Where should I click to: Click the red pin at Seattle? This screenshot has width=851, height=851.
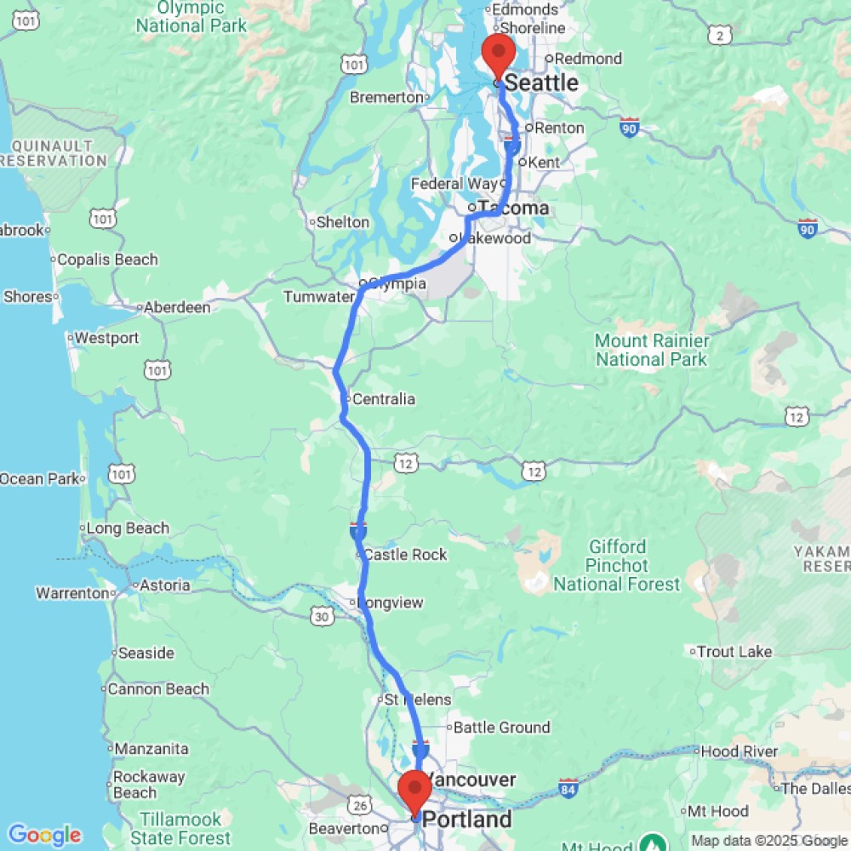497,54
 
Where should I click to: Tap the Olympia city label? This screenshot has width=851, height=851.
397,283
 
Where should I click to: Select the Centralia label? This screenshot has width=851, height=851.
383,399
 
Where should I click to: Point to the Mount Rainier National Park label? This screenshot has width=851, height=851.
651,350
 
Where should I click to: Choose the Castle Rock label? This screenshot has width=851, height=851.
405,555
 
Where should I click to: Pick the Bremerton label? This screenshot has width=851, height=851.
387,97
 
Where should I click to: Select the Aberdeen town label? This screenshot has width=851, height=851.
177,307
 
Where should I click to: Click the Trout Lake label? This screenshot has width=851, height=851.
734,652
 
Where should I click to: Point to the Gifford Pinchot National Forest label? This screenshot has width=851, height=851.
617,565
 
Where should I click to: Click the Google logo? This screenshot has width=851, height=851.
44,835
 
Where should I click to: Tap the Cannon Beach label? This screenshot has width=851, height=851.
157,689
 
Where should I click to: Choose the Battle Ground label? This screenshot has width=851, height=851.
501,728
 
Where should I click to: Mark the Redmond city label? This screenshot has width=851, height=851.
589,59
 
